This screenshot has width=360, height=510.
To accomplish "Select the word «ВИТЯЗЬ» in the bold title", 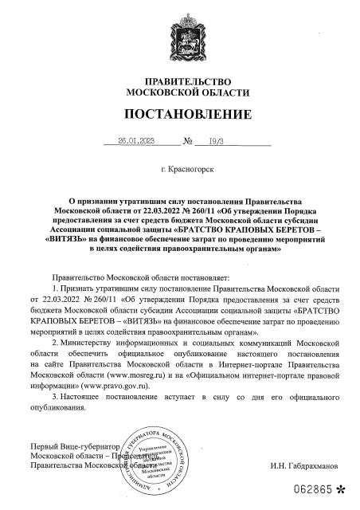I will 69,238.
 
